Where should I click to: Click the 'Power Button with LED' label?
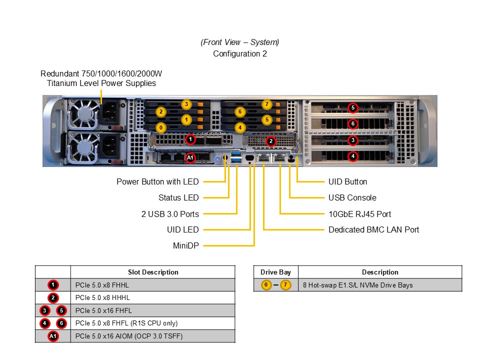[x=157, y=181]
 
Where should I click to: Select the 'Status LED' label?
[x=178, y=197]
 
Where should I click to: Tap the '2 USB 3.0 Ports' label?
[x=170, y=214]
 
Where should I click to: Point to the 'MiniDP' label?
[x=185, y=245]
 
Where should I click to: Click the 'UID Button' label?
[x=347, y=181]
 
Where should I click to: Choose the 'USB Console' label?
[x=352, y=197]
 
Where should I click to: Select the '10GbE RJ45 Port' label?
[x=359, y=214]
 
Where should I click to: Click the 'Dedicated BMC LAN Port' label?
[x=373, y=229]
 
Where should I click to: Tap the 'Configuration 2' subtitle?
[x=240, y=53]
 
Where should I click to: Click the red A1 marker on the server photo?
[x=190, y=158]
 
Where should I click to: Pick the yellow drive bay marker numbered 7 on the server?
[x=267, y=104]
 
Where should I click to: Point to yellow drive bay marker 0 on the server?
[x=160, y=127]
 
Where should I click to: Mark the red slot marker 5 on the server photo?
[x=353, y=107]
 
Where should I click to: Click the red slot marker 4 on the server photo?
[x=353, y=156]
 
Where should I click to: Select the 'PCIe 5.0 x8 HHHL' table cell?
[x=102, y=297]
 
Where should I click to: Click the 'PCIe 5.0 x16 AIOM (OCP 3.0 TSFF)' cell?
[x=129, y=336]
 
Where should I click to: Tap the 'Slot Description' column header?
[x=153, y=272]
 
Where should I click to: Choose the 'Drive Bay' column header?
[x=275, y=272]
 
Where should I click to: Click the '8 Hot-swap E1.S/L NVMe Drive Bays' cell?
[x=358, y=285]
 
